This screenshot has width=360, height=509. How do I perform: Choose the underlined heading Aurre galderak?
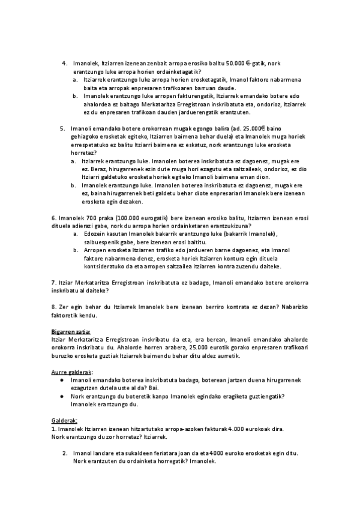click(x=68, y=372)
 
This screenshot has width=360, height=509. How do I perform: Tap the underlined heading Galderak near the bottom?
click(x=64, y=421)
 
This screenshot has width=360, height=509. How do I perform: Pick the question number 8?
click(x=53, y=307)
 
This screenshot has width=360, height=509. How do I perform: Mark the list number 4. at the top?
click(x=65, y=63)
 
